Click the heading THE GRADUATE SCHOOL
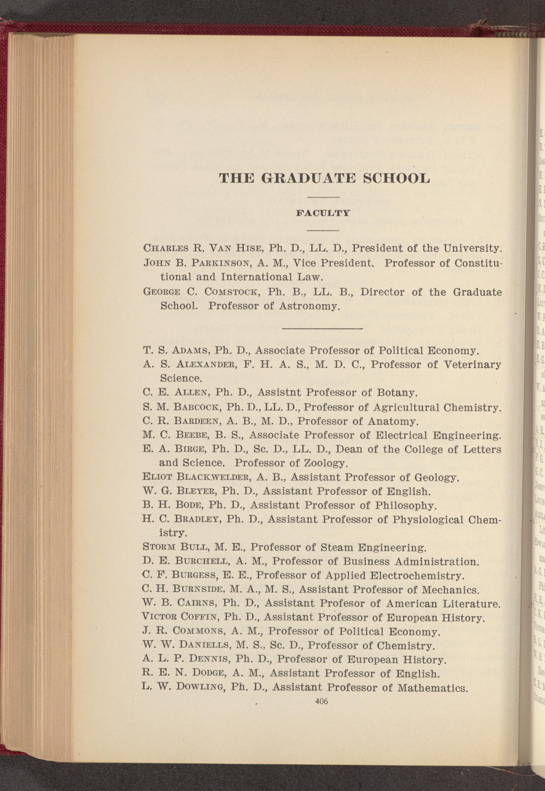324,178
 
